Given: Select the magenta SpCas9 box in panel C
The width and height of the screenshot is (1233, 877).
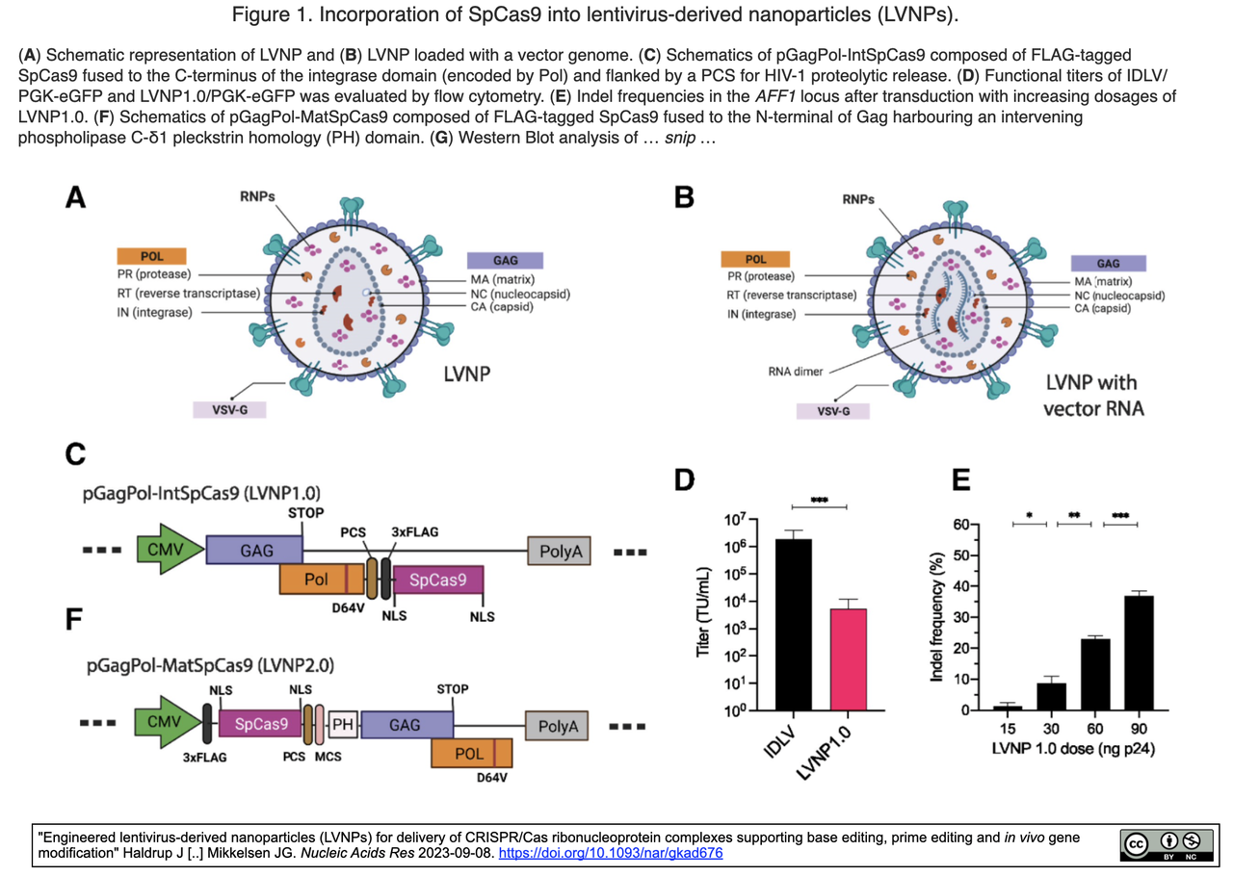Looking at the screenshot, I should [x=437, y=580].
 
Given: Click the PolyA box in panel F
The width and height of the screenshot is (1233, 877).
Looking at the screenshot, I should [x=557, y=726].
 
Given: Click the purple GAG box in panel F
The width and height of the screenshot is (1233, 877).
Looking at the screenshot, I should [x=406, y=725].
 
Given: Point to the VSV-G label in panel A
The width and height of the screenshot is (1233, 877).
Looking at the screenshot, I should [x=229, y=409].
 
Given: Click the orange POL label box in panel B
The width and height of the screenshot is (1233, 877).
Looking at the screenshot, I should [x=756, y=259].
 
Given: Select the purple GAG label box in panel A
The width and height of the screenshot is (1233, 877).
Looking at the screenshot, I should [x=505, y=260].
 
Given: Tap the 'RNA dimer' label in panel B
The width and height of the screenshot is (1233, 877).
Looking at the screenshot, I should [x=795, y=372].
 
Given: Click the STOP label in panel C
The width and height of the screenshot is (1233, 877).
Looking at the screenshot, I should [x=305, y=513].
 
